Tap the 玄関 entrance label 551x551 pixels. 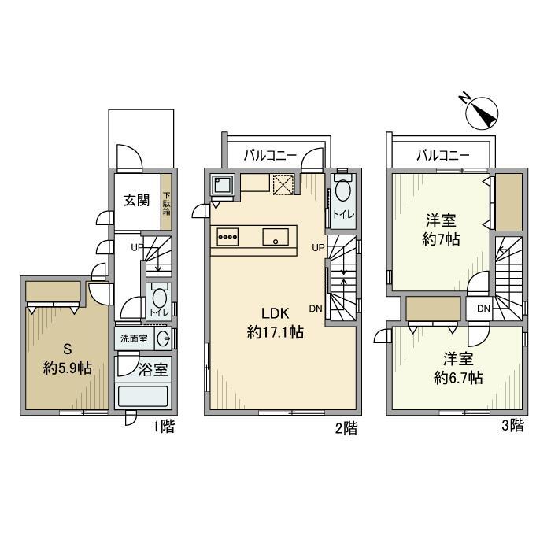pyautogui.click(x=135, y=200)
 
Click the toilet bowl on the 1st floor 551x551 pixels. pyautogui.click(x=159, y=299)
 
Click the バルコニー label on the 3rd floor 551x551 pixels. pyautogui.click(x=442, y=156)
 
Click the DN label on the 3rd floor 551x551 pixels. pyautogui.click(x=483, y=308)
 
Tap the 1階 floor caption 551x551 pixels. pyautogui.click(x=163, y=427)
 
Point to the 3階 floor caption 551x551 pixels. pyautogui.click(x=512, y=427)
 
